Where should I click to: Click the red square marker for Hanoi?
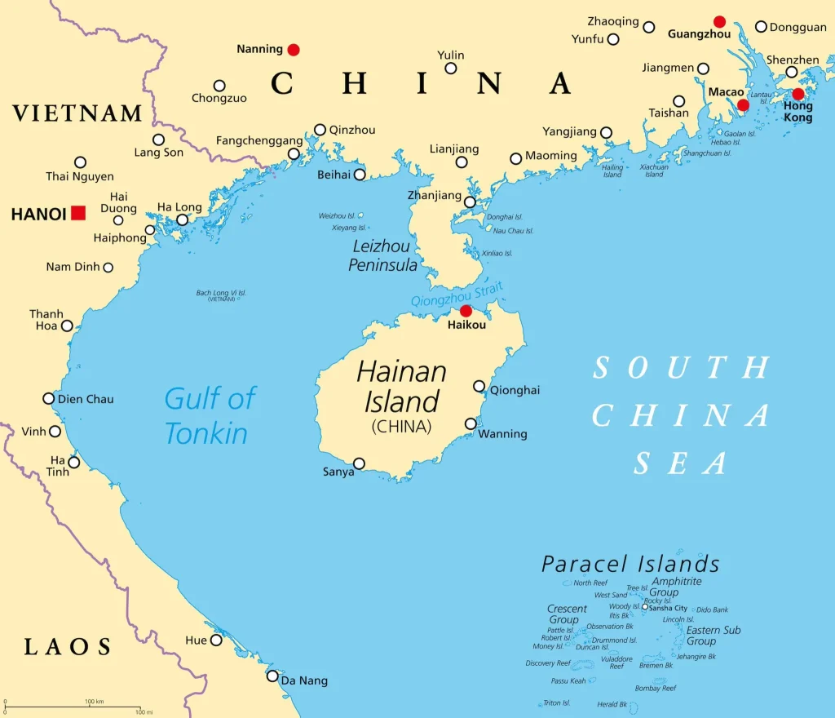coord(78,213)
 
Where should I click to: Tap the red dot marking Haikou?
coord(466,311)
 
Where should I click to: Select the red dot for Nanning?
coord(294,50)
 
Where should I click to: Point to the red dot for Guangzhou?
coord(719,21)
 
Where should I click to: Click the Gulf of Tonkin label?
coord(210,415)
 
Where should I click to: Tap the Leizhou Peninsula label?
coord(383,255)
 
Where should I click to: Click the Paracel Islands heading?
coord(630,564)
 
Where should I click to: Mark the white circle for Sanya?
coord(359,463)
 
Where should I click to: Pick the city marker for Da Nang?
coord(272,676)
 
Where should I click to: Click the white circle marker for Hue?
coord(216,640)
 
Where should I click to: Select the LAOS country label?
coord(68,648)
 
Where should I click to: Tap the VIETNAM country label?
coord(77,113)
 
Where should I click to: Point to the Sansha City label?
coord(668,608)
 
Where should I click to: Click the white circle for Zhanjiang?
coord(470,202)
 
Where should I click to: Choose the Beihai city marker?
coord(360,174)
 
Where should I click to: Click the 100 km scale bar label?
coord(94,702)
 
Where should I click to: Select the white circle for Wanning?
coord(471,423)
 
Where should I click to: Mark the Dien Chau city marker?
coord(49,398)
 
